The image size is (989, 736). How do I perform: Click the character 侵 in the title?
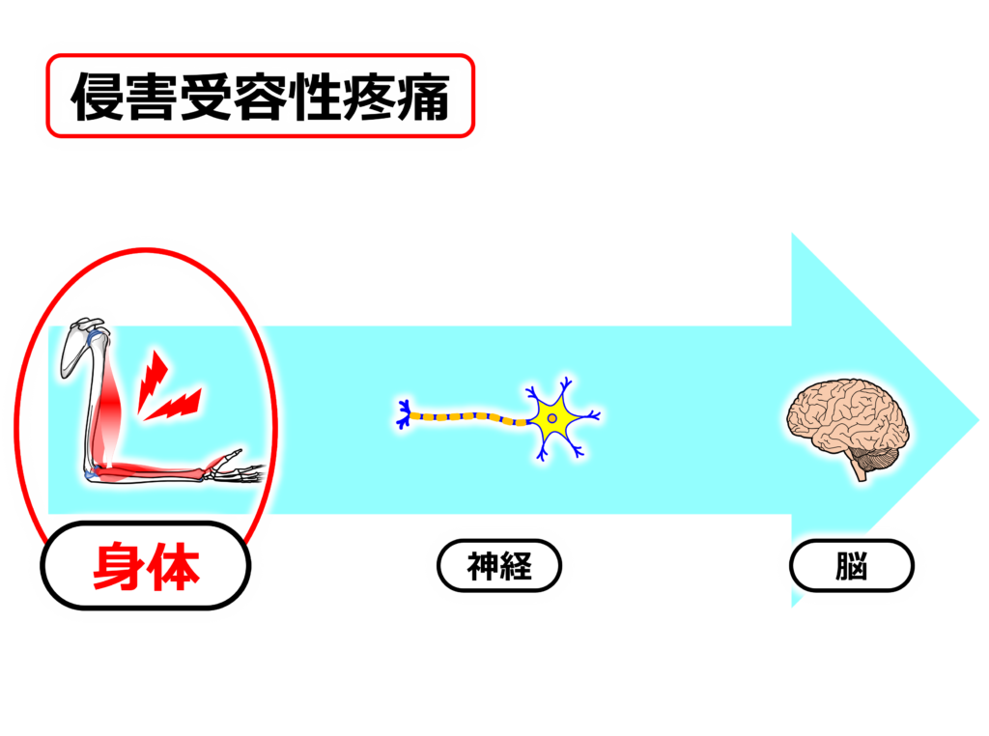[x=99, y=97]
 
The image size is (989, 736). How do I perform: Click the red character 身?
[x=119, y=567]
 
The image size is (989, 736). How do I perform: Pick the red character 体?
[x=175, y=567]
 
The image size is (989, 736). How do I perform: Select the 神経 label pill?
[x=499, y=566]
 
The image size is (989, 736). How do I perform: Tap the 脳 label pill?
[x=851, y=566]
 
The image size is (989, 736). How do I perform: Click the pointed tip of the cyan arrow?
[x=977, y=420]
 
